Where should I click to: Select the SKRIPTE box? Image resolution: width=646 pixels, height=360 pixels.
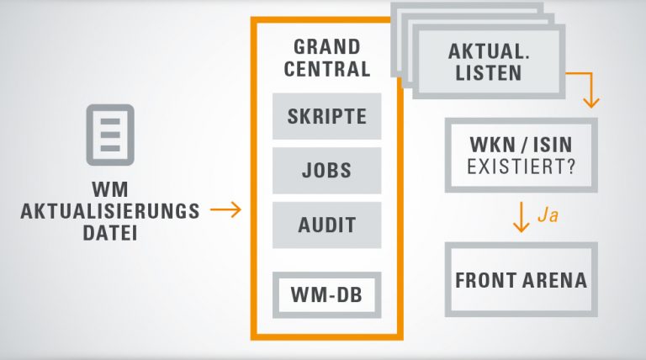click(x=326, y=116)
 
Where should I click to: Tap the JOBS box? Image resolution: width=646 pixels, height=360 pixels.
click(x=326, y=170)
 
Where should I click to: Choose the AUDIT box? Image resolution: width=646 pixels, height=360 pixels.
click(x=326, y=225)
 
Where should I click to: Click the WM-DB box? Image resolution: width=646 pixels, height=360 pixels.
click(x=326, y=294)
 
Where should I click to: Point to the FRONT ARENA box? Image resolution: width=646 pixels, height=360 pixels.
click(x=521, y=279)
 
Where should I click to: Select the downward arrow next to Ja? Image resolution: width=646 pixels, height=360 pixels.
click(x=521, y=217)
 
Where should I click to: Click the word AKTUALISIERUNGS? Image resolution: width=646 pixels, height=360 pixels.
click(x=111, y=210)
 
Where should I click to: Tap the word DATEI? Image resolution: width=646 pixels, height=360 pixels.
click(x=111, y=231)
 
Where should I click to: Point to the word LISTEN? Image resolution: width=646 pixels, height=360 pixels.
click(x=488, y=73)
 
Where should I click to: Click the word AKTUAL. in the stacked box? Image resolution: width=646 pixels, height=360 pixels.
click(x=488, y=50)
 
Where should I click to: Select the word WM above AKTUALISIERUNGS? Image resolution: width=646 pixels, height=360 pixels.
click(x=111, y=188)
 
